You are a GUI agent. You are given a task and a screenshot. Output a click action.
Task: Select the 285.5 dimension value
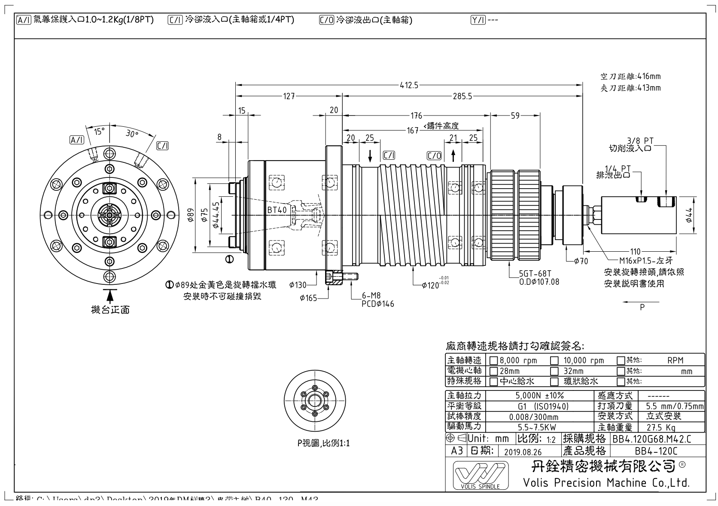(462, 97)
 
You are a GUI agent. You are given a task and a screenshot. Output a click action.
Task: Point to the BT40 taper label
(277, 210)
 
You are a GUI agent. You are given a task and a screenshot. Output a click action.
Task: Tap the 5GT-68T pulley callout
(535, 274)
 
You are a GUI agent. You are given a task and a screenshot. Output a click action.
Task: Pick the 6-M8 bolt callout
(372, 296)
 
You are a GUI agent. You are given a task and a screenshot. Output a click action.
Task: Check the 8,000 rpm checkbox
(494, 361)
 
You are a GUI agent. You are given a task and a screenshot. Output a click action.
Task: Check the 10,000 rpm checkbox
(555, 361)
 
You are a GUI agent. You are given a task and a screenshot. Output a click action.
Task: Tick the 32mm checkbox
(555, 371)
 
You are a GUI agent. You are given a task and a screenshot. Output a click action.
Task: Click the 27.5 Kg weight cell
(661, 427)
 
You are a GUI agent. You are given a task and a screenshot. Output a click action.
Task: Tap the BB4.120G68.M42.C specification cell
(652, 439)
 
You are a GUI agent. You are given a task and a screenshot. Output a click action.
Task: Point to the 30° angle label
(132, 134)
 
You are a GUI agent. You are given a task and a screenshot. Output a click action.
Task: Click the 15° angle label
(100, 131)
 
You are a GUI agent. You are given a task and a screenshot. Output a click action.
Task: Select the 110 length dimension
(636, 252)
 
